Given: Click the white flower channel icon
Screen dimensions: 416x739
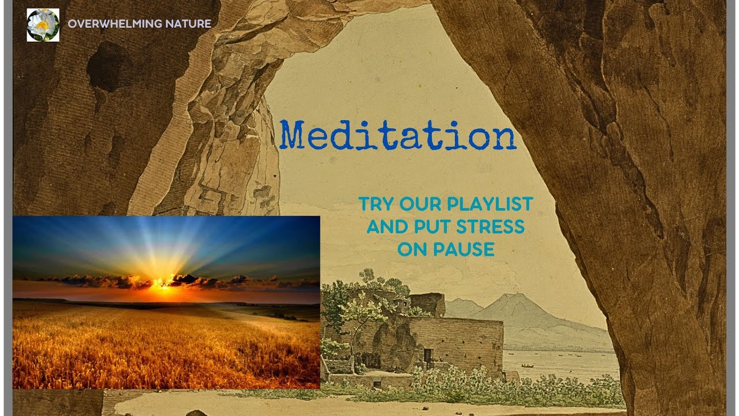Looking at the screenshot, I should point(43,25).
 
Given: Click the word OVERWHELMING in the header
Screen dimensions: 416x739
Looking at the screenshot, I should point(107,24).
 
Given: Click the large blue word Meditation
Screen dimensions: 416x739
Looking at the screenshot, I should point(398,136).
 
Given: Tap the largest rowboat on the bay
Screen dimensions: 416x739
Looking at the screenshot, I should point(527,366).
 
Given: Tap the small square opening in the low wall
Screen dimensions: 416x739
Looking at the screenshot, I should point(376,384).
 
